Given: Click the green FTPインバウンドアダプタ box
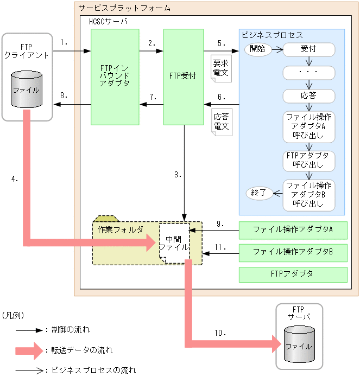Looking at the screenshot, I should click(115, 76).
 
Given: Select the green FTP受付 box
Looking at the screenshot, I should click(184, 76).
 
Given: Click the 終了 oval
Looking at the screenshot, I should click(258, 192).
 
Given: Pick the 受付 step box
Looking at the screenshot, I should click(309, 49).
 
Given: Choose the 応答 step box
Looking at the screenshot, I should click(309, 96).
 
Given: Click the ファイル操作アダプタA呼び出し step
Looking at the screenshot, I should click(309, 126).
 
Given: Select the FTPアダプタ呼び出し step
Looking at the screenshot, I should click(309, 161).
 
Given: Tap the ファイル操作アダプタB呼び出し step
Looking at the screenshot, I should click(309, 194).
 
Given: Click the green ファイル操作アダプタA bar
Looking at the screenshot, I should click(293, 229).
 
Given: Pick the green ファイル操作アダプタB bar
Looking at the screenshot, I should click(293, 252).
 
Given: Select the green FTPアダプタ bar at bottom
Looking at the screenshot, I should click(293, 274).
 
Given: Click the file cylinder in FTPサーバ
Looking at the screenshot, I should click(299, 346).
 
